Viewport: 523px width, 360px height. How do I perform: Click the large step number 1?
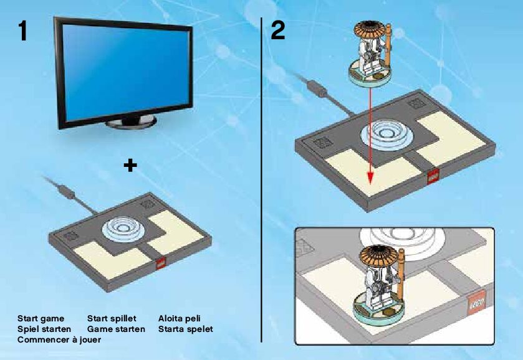24,31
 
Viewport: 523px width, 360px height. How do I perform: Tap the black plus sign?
130,165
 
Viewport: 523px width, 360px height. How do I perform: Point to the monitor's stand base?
131,122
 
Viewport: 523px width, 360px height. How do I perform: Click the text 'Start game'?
41,318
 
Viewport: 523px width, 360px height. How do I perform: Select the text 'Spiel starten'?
44,328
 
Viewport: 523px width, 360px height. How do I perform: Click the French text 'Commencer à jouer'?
59,339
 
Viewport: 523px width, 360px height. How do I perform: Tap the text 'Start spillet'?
112,318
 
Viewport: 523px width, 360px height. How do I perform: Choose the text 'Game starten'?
116,328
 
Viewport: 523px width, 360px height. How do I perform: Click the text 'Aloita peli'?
180,318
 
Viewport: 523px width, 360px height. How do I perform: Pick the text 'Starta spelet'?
186,328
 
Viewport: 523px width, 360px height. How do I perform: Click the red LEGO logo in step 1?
160,263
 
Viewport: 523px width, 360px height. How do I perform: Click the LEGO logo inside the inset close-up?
478,303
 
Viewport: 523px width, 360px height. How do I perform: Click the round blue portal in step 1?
125,227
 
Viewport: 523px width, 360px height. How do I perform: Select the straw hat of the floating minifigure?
368,32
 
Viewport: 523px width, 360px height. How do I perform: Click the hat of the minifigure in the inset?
381,255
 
